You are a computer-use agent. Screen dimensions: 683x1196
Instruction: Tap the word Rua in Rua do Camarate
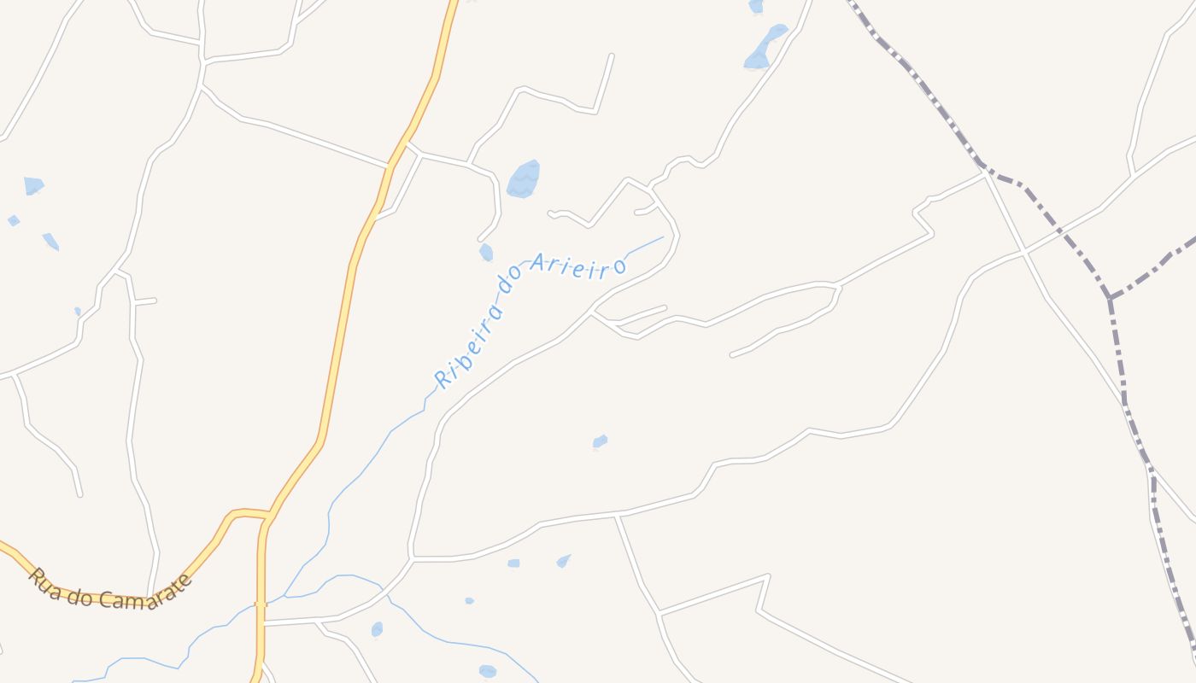pyautogui.click(x=44, y=580)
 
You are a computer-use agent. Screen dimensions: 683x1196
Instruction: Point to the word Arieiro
pyautogui.click(x=578, y=266)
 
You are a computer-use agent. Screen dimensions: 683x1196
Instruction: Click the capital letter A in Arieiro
pyautogui.click(x=538, y=262)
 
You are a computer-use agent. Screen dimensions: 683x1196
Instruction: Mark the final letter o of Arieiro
pyautogui.click(x=619, y=266)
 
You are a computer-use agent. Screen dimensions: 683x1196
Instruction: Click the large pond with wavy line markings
pyautogui.click(x=523, y=179)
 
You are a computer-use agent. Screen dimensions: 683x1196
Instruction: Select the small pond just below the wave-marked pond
pyautogui.click(x=486, y=252)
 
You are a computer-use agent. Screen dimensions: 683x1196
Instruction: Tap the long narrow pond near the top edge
pyautogui.click(x=765, y=48)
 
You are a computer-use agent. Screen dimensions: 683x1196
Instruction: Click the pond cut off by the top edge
pyautogui.click(x=756, y=6)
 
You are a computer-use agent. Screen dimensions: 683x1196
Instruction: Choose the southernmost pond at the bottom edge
pyautogui.click(x=488, y=671)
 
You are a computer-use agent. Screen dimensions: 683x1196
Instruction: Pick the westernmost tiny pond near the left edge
pyautogui.click(x=14, y=220)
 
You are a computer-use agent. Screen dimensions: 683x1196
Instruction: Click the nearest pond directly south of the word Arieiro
pyautogui.click(x=601, y=441)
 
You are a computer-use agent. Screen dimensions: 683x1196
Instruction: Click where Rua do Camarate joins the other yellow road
pyautogui.click(x=269, y=516)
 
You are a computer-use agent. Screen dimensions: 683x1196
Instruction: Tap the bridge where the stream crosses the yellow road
pyautogui.click(x=261, y=604)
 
